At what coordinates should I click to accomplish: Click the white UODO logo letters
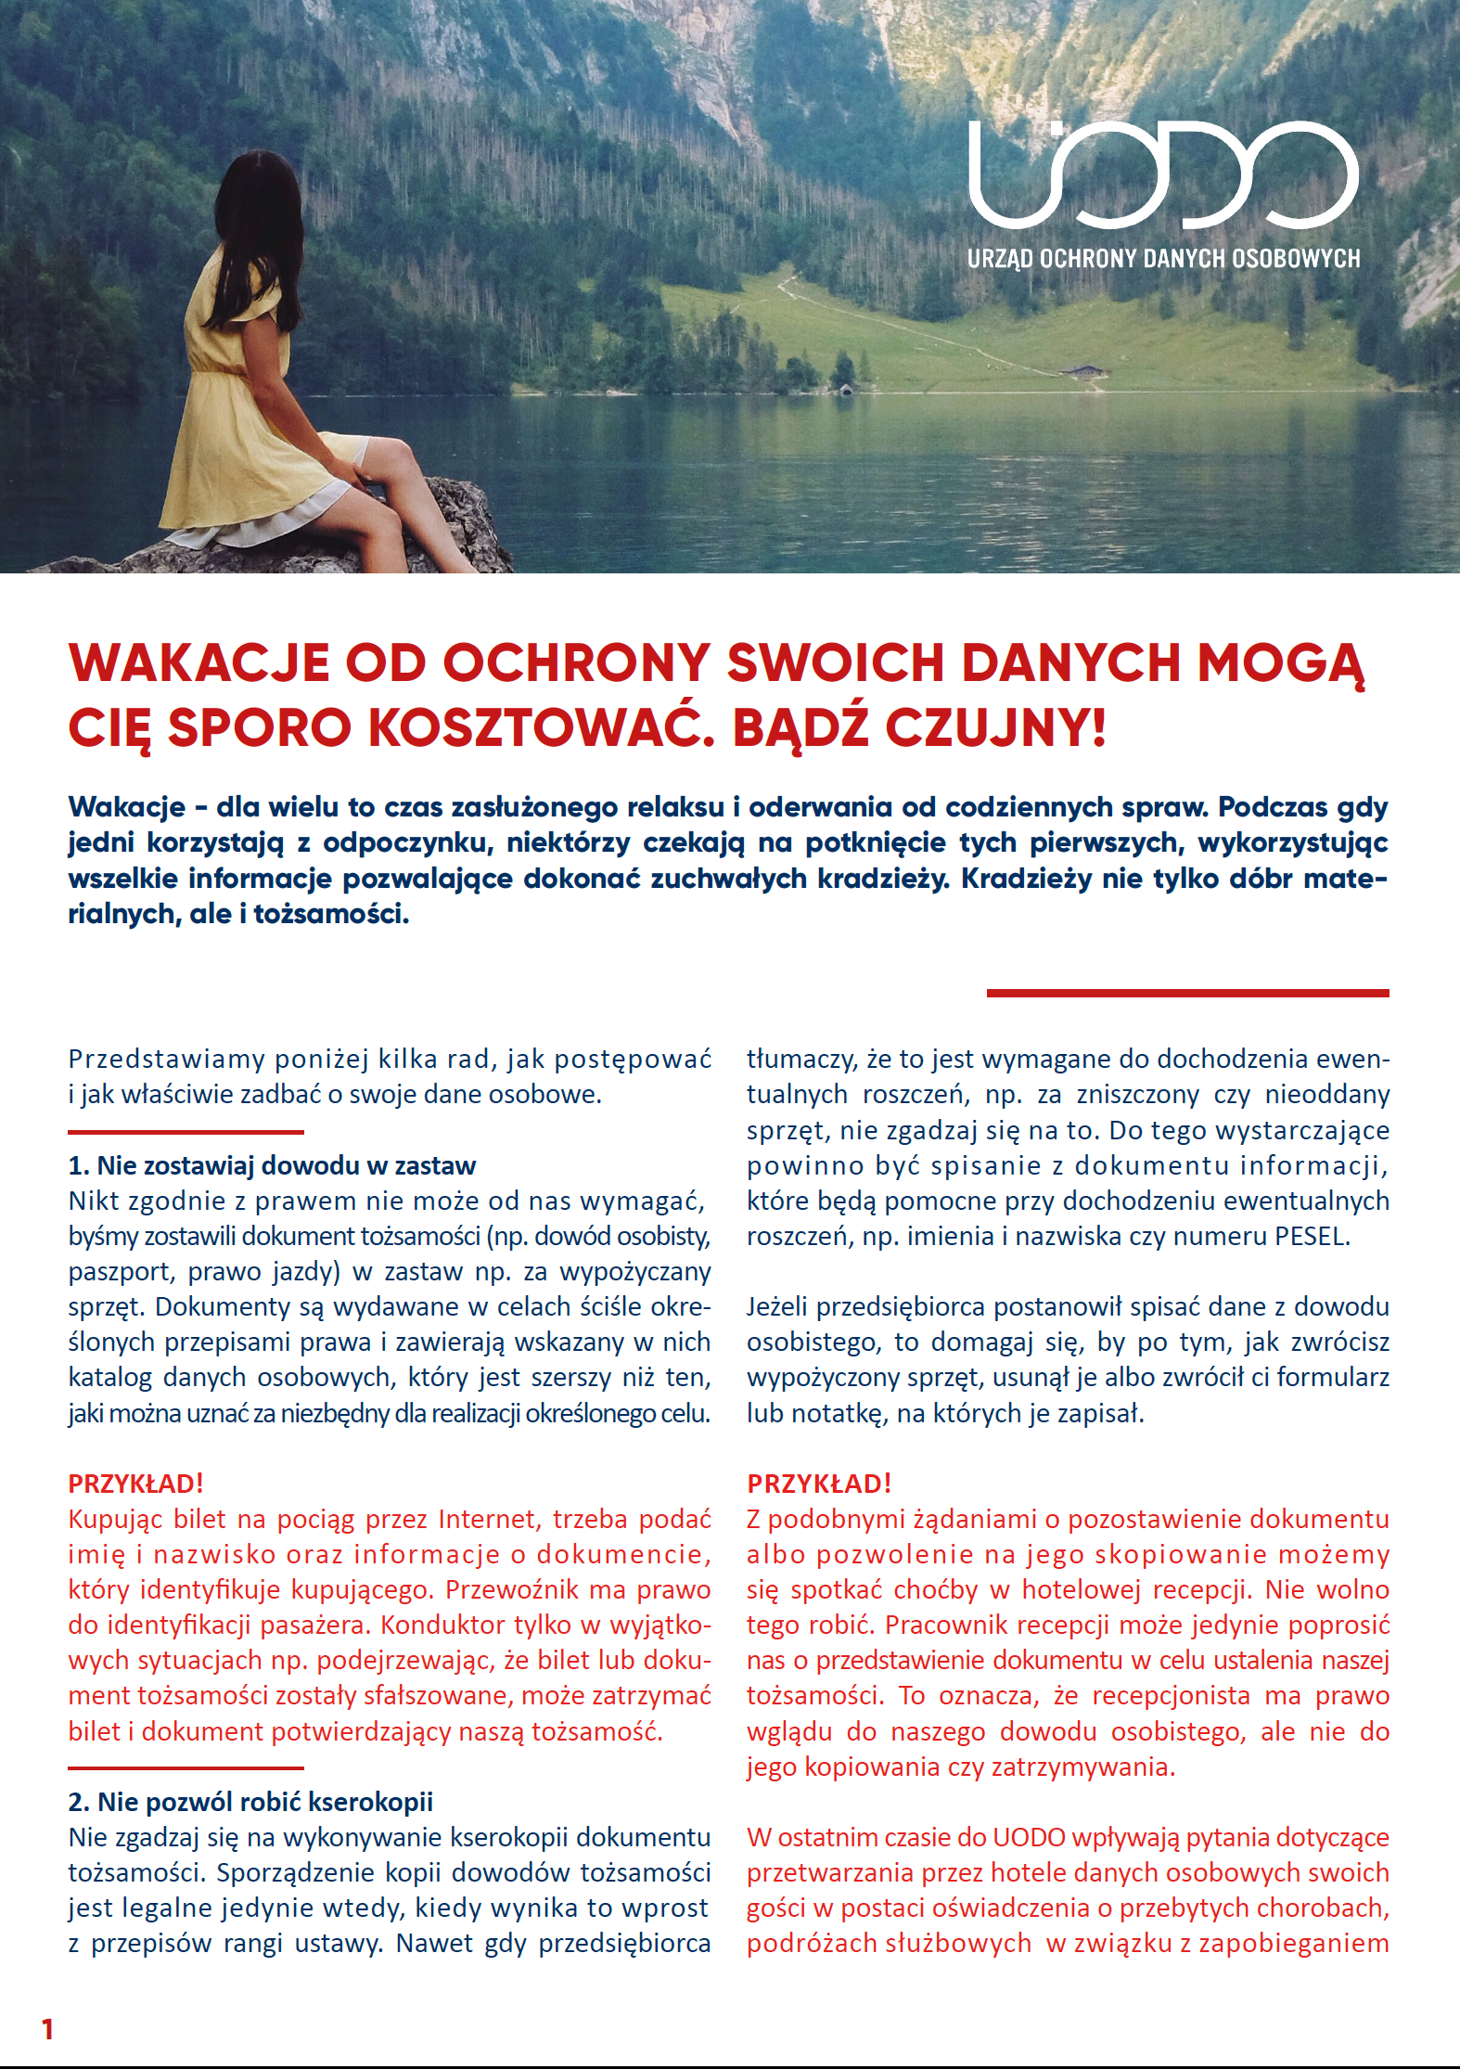click(1163, 176)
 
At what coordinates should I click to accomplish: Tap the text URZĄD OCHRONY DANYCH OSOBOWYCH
click(1163, 259)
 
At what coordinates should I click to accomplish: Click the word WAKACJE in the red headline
click(199, 663)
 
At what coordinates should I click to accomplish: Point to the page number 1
click(47, 2029)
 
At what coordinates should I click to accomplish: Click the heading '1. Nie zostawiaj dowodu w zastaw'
click(272, 1165)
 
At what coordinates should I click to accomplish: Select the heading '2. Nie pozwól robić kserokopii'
click(250, 1802)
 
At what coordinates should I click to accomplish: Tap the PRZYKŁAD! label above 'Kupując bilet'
click(135, 1484)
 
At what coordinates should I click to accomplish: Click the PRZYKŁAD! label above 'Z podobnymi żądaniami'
click(819, 1484)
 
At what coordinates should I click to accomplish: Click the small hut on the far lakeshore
click(1085, 372)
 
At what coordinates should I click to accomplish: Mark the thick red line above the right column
click(1187, 993)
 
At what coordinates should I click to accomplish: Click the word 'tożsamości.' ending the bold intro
click(331, 915)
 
